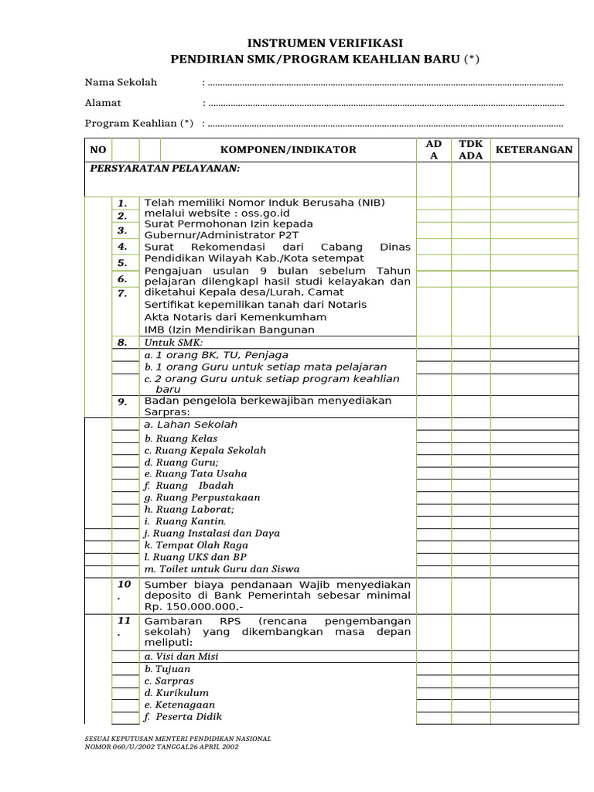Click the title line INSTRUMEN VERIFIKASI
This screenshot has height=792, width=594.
tap(325, 43)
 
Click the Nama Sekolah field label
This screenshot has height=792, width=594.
tap(121, 82)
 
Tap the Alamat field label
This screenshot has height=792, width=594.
tap(103, 102)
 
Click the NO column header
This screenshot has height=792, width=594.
tap(97, 149)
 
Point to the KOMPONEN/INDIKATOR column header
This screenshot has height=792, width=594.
tap(288, 149)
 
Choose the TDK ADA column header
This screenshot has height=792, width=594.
tap(470, 149)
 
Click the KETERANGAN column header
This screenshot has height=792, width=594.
tap(534, 149)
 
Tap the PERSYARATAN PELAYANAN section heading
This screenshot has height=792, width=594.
tap(165, 168)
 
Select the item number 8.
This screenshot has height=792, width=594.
tap(122, 342)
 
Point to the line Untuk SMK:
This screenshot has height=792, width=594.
tap(173, 342)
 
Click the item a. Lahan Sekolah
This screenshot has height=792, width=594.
tap(190, 425)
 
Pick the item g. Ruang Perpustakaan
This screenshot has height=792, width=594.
tap(202, 497)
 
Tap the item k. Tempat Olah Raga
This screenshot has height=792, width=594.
tap(196, 545)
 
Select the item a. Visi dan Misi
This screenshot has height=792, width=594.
tap(181, 657)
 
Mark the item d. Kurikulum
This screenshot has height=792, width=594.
tap(176, 693)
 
